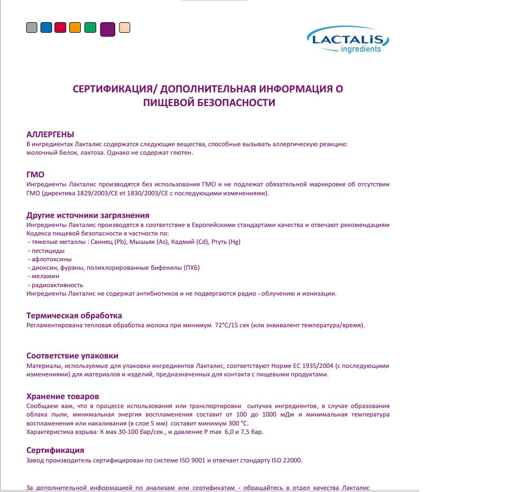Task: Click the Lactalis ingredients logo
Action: [x=347, y=40]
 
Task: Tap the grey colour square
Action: [x=32, y=28]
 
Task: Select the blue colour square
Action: [x=46, y=28]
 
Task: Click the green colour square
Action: [x=90, y=28]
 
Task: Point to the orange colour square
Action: [x=75, y=28]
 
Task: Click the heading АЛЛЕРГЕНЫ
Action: [x=50, y=134]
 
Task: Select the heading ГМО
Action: [x=35, y=175]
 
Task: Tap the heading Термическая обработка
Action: [x=74, y=316]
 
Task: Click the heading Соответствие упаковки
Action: [x=72, y=356]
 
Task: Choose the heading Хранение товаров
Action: [x=63, y=396]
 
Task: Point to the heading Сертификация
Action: [x=55, y=450]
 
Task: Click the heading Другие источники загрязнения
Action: [x=88, y=215]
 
